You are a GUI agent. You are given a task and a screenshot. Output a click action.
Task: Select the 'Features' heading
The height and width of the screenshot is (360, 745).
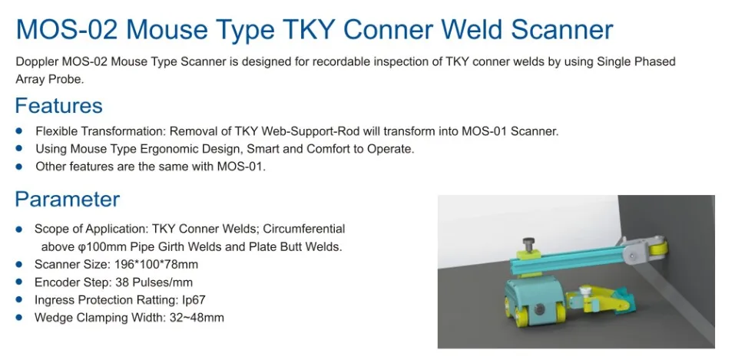[58, 105]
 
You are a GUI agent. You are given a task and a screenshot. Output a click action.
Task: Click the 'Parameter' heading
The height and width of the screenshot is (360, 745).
[68, 200]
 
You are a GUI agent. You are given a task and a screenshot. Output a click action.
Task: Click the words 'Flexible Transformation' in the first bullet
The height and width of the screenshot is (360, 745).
[101, 130]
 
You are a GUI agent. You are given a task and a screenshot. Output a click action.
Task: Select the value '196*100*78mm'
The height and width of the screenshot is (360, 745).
[160, 264]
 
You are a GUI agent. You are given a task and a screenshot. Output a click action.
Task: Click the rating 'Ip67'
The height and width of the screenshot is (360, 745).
[191, 299]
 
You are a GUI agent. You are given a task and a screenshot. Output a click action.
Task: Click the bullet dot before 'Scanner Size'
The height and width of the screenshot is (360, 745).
[19, 264]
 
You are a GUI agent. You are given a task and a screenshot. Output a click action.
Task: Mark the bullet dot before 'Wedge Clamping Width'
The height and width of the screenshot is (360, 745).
[19, 317]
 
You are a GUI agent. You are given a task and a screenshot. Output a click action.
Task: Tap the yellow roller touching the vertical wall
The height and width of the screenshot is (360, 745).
[657, 249]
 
